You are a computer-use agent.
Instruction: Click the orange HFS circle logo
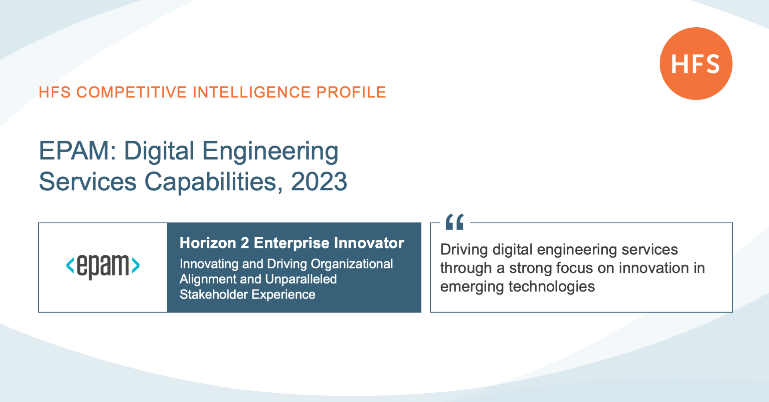pos(696,64)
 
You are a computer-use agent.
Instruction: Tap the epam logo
pos(103,266)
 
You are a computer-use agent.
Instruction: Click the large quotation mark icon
pos(455,222)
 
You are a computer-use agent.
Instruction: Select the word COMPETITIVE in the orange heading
pos(132,92)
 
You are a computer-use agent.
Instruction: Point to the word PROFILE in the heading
pos(351,92)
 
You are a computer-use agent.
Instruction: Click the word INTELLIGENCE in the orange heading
pos(252,92)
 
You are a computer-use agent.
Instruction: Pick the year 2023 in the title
pos(319,182)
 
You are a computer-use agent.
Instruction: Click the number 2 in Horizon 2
pos(245,243)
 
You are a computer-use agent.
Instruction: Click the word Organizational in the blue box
pos(352,265)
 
